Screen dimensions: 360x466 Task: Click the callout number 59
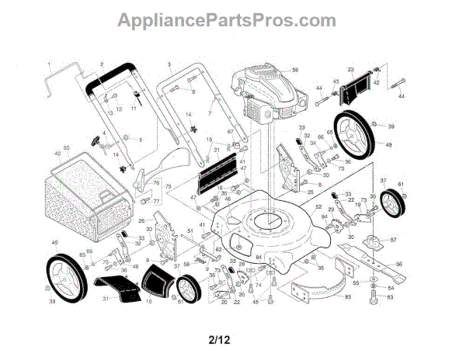pos(295,71)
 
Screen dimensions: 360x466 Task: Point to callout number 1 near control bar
pos(48,62)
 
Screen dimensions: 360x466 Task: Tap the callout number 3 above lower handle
pos(169,63)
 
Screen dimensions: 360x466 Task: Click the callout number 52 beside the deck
pos(318,207)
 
